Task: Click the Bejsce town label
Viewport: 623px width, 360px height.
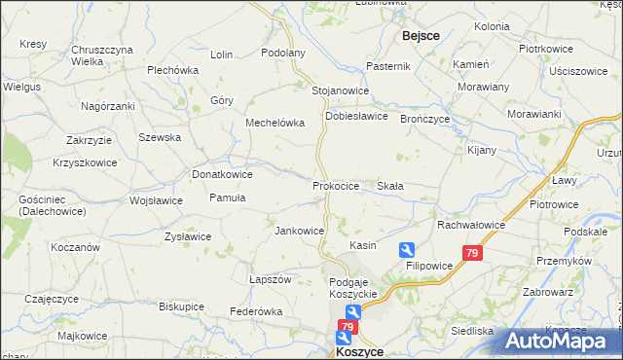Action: pyautogui.click(x=421, y=35)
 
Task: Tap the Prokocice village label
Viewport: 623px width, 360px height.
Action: pyautogui.click(x=337, y=185)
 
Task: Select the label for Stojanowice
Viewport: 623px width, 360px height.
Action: pyautogui.click(x=340, y=90)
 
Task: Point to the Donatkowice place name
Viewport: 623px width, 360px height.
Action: pyautogui.click(x=222, y=174)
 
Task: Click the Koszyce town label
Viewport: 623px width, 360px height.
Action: pyautogui.click(x=359, y=350)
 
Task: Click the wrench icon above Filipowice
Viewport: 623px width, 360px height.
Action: pyautogui.click(x=407, y=249)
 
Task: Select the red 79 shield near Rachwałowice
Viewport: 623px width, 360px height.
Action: pyautogui.click(x=472, y=254)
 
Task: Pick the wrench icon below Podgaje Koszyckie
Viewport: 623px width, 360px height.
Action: pyautogui.click(x=353, y=311)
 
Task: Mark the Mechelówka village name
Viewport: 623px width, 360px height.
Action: pyautogui.click(x=275, y=124)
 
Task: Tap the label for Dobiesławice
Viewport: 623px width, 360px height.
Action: pyautogui.click(x=356, y=115)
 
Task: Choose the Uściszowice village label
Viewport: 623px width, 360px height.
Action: pyautogui.click(x=578, y=71)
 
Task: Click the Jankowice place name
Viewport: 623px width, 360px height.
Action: pyautogui.click(x=299, y=231)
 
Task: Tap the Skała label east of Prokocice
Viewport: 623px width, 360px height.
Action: pyautogui.click(x=390, y=185)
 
